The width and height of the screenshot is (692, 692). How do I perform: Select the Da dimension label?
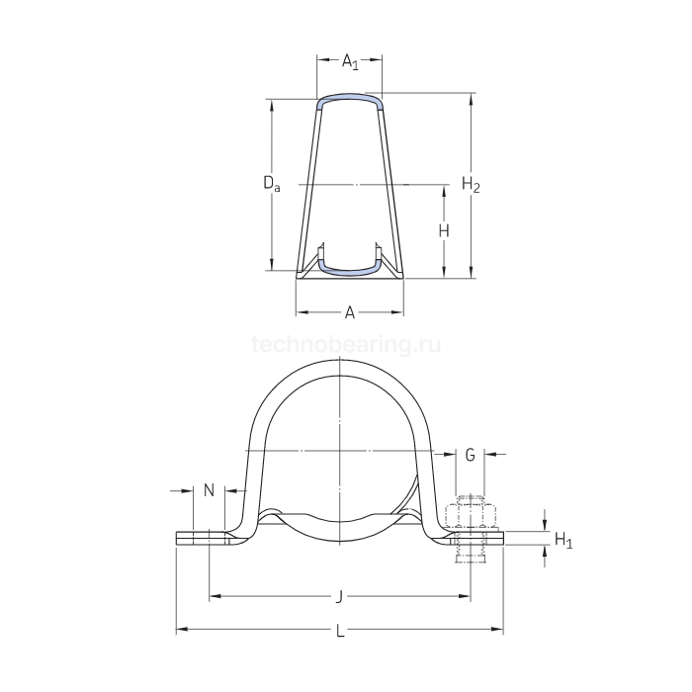(x=270, y=183)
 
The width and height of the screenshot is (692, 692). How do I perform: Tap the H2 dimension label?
(x=472, y=183)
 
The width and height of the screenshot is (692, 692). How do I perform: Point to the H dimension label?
(x=444, y=230)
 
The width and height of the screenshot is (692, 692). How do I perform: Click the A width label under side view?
(x=349, y=313)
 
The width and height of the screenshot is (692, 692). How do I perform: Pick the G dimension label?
(x=471, y=455)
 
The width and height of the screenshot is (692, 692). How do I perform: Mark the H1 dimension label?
(x=562, y=540)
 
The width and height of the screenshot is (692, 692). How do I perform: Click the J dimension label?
(x=339, y=596)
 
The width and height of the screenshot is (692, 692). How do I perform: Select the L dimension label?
(x=340, y=631)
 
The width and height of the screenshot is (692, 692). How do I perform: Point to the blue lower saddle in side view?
(x=350, y=264)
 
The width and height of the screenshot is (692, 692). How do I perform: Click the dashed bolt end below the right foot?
(x=470, y=556)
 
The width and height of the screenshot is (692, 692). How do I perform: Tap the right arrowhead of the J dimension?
(x=465, y=596)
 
